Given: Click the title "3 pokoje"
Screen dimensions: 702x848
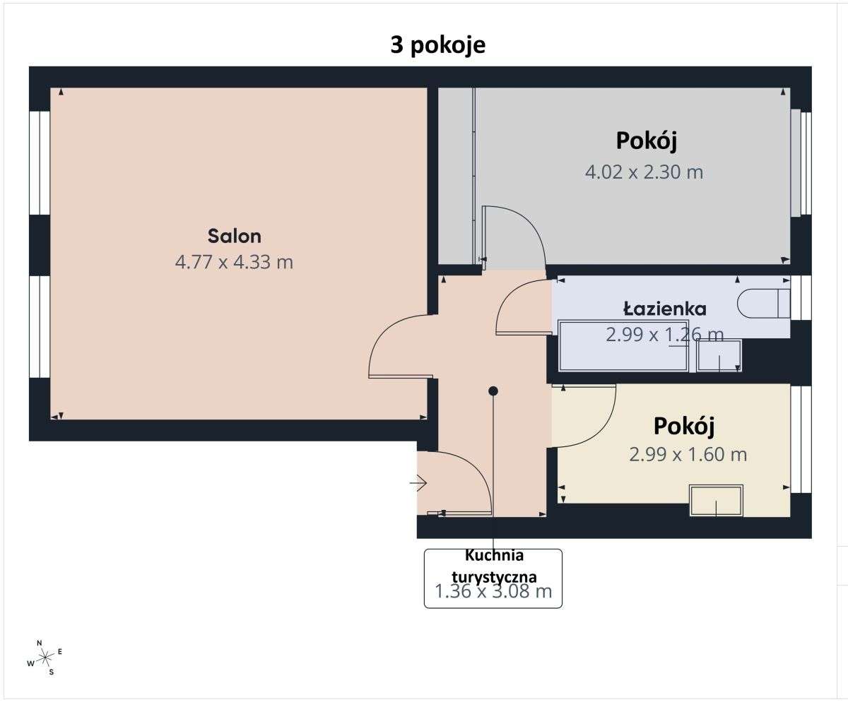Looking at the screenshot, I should coord(438,44).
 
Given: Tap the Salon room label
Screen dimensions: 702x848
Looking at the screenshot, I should coord(234,235).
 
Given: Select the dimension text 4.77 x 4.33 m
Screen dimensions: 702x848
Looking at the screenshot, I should coord(234,262).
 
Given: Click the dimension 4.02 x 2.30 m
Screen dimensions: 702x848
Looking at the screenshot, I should coord(644,172).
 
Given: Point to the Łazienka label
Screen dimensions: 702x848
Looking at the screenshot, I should coord(664,308).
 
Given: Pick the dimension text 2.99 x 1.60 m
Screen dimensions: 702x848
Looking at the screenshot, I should coord(688,454).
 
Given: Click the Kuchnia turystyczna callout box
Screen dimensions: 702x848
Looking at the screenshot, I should coord(493,578).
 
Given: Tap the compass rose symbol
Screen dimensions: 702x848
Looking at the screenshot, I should coord(45,658).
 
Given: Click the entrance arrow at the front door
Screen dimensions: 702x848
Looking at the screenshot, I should coord(418,483).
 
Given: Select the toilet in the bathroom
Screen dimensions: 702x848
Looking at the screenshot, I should coord(762,304).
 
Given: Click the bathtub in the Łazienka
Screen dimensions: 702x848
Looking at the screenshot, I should coord(623,346).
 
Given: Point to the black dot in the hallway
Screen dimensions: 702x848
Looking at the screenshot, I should coord(493,391).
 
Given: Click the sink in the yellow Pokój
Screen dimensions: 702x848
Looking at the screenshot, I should coord(716,501).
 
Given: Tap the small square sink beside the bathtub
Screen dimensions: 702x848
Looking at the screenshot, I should coord(719,356).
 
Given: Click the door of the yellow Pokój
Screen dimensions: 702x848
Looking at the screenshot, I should coord(587,417).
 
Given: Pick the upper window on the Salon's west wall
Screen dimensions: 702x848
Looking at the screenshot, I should coord(40,162).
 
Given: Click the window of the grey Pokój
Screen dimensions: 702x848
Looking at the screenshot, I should coord(801,163).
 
